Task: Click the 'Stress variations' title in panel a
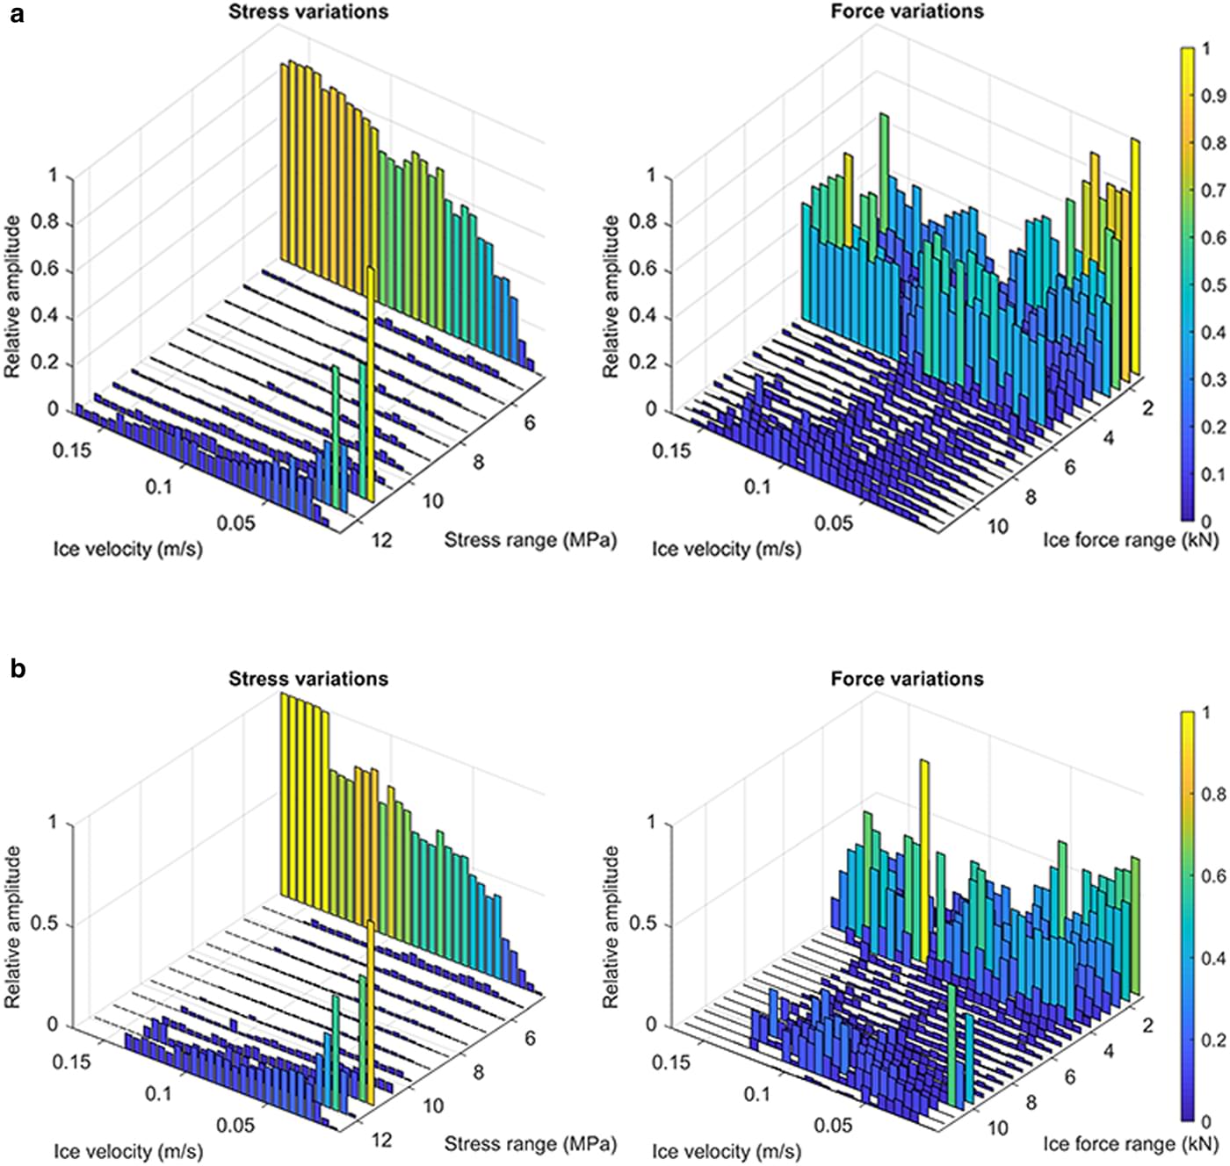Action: tap(308, 11)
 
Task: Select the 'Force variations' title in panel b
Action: tap(907, 679)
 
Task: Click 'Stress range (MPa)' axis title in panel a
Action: tap(530, 539)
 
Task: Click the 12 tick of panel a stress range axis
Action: tap(381, 540)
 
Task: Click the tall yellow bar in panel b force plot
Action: tap(923, 860)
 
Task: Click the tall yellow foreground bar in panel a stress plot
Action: tap(372, 386)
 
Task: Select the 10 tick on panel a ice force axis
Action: tap(997, 526)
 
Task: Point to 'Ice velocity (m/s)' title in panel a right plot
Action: tap(726, 550)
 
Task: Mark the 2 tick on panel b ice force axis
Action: tap(1147, 1025)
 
